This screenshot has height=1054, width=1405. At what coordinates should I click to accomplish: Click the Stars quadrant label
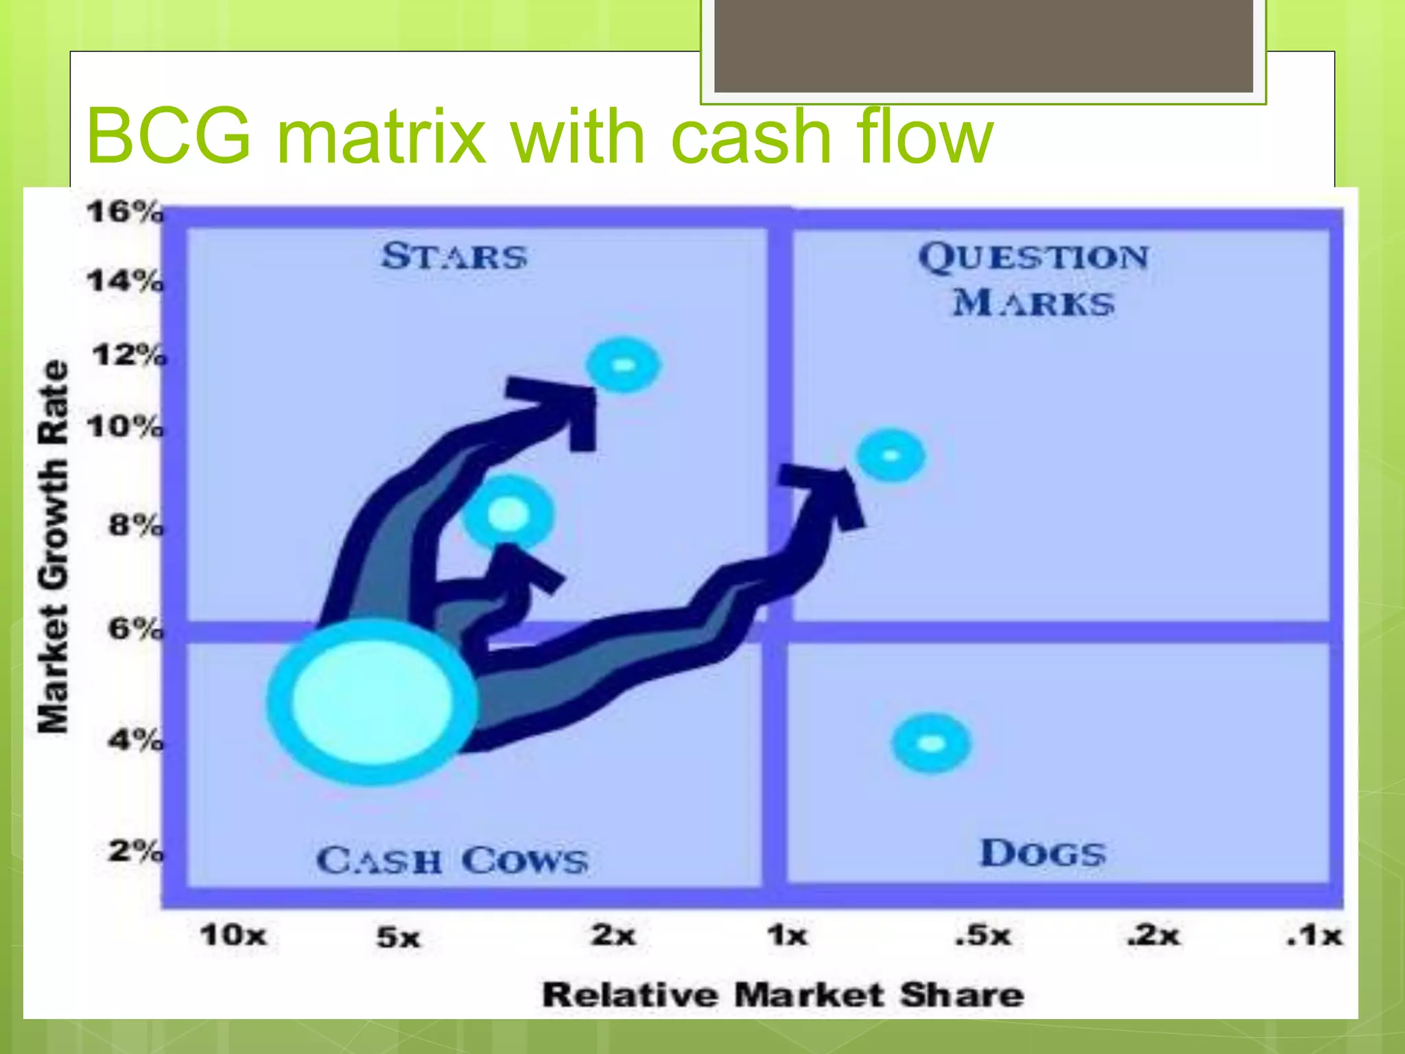tap(454, 257)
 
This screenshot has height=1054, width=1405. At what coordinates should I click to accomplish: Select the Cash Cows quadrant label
tap(452, 860)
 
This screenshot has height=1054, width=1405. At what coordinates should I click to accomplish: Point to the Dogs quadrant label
tap(1043, 854)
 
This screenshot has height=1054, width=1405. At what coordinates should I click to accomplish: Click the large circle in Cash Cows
tap(372, 701)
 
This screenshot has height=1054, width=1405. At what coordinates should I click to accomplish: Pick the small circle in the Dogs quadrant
tap(931, 743)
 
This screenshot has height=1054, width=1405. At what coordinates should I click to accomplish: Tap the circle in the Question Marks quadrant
tap(891, 456)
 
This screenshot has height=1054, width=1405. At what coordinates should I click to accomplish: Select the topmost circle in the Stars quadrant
tap(623, 365)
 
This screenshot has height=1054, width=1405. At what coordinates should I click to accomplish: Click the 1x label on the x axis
tap(787, 935)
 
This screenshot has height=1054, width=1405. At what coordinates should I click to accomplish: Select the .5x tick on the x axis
tap(983, 935)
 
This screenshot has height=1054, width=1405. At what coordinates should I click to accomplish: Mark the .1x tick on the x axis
tap(1314, 935)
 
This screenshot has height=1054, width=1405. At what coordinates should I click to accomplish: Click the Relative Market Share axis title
tap(783, 995)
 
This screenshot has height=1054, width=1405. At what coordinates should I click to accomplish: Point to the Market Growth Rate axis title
tap(54, 546)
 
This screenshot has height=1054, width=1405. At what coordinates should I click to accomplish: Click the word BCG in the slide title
tap(169, 136)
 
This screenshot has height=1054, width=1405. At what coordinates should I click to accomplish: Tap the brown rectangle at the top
tap(984, 45)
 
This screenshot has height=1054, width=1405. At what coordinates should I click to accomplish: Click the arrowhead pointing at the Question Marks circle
tap(829, 491)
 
